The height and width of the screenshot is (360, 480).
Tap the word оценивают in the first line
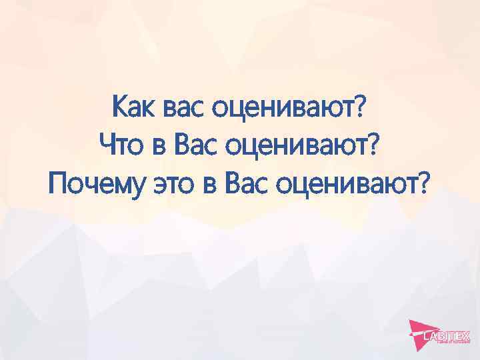click(x=284, y=108)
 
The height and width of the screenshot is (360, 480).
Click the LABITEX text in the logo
click(x=447, y=337)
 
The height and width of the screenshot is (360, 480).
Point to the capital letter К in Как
click(x=120, y=106)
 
